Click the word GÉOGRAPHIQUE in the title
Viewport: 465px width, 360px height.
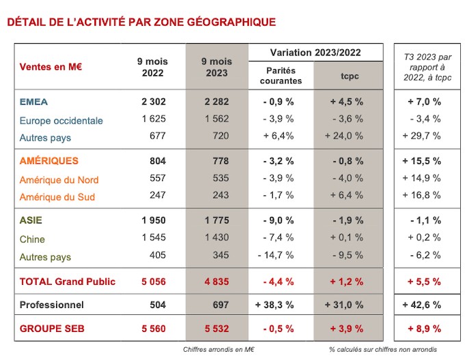point(232,22)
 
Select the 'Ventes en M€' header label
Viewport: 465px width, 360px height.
point(51,67)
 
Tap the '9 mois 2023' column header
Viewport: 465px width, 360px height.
point(217,67)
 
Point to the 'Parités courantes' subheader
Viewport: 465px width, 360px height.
point(281,76)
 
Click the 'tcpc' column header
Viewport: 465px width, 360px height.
point(349,76)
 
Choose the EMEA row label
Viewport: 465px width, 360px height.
point(34,102)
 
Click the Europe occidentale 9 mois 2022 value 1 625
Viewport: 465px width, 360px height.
point(154,119)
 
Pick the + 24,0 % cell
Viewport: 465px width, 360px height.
point(344,136)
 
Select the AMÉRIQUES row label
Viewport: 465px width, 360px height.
point(49,161)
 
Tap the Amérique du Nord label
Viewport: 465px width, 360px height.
point(59,180)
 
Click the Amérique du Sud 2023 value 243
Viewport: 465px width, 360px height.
point(221,195)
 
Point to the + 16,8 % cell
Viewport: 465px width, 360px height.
point(421,195)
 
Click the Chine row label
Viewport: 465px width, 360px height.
point(32,239)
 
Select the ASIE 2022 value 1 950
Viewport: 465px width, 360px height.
point(154,220)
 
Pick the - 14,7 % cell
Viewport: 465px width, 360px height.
point(276,255)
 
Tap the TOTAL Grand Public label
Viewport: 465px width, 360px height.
point(67,281)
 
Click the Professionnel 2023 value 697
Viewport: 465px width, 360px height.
point(221,305)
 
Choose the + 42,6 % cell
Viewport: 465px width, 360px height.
point(421,305)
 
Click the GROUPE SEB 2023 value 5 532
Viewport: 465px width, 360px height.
point(217,329)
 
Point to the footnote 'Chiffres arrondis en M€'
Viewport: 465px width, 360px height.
point(219,350)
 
